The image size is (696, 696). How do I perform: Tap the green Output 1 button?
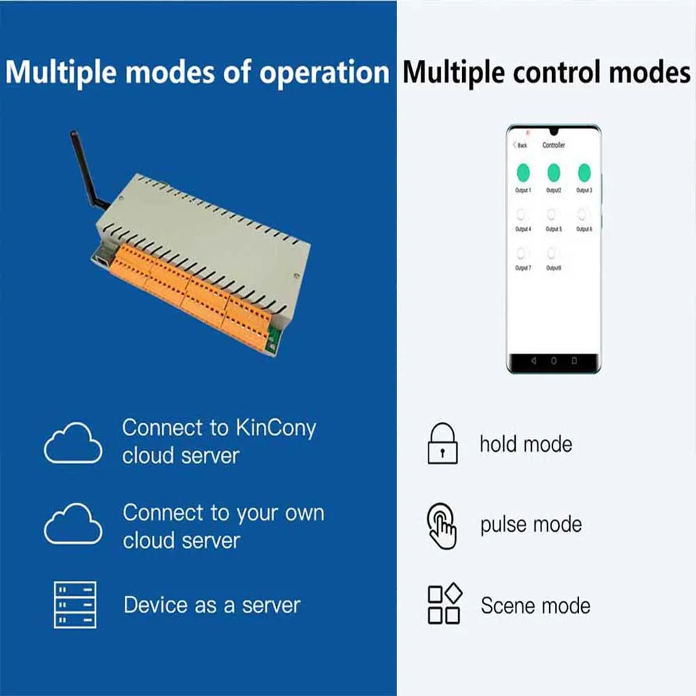click(523, 173)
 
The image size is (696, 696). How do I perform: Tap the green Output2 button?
click(554, 173)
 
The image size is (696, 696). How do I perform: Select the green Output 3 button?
click(584, 173)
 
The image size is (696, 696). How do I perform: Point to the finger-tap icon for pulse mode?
click(442, 526)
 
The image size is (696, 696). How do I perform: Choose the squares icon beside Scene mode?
click(443, 604)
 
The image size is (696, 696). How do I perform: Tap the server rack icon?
click(75, 605)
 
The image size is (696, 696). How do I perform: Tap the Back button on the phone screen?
click(520, 145)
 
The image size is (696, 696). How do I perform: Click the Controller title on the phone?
click(554, 145)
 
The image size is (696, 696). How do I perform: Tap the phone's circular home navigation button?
click(554, 361)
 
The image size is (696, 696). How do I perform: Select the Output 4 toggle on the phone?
click(523, 215)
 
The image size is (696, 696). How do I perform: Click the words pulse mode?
click(531, 525)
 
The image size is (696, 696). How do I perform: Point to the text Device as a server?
click(212, 605)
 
